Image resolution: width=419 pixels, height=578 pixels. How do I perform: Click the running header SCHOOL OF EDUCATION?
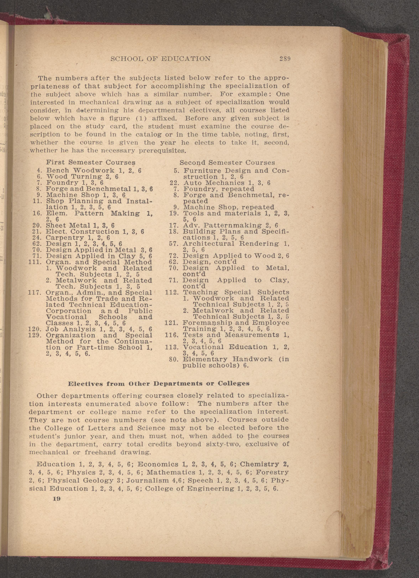[x=161, y=59]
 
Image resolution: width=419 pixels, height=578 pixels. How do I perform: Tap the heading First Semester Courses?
[x=90, y=162]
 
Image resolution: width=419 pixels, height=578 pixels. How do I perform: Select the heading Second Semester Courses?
[x=227, y=162]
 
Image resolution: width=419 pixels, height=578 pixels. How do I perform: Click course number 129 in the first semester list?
[x=34, y=335]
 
